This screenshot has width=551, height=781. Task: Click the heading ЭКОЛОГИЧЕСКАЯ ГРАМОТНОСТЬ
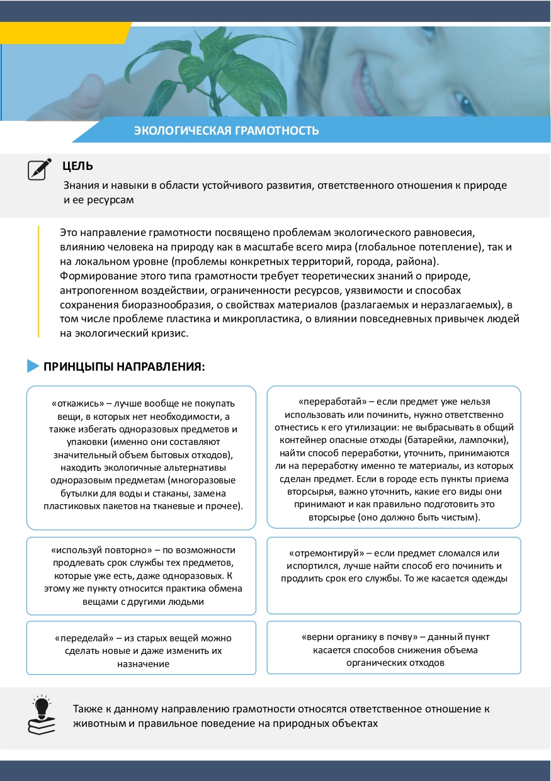coord(226,131)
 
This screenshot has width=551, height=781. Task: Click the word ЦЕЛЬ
coord(78,166)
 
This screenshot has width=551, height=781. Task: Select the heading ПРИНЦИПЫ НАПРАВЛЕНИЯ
coord(124,366)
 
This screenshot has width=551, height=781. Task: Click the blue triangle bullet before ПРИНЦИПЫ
coord(33,366)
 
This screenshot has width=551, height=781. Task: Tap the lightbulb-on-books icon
coord(42,715)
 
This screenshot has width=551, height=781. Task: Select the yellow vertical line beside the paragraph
coord(39,281)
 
